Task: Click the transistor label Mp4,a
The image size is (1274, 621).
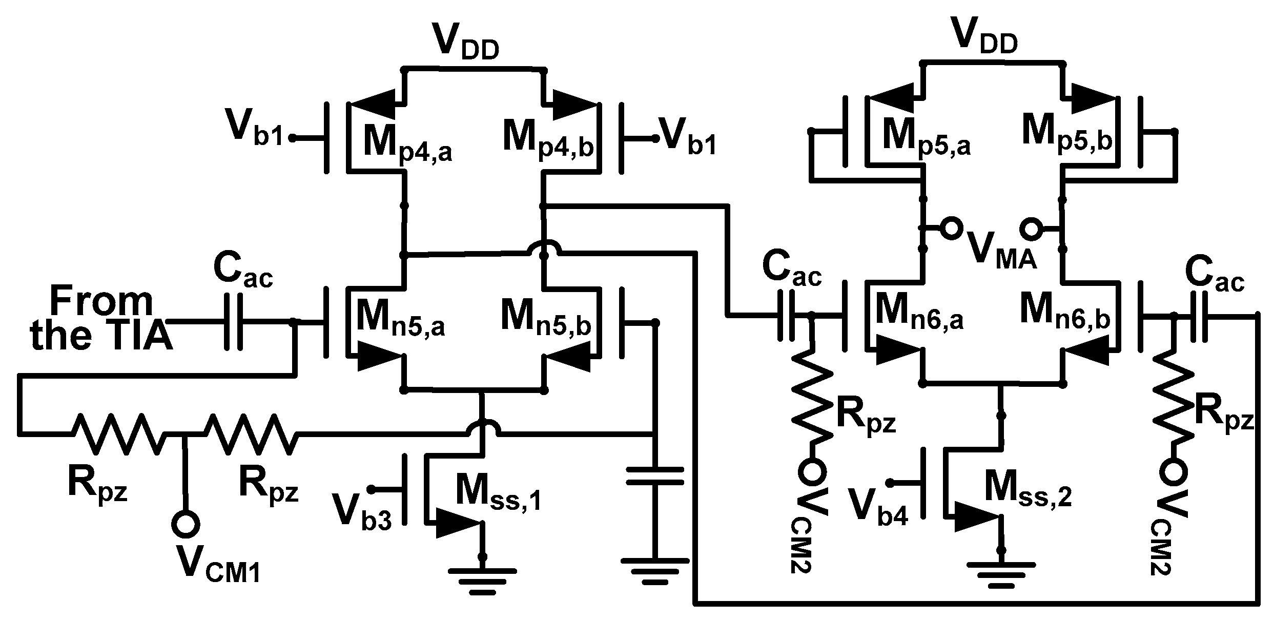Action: click(408, 141)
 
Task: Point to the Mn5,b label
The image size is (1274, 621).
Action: click(546, 318)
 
